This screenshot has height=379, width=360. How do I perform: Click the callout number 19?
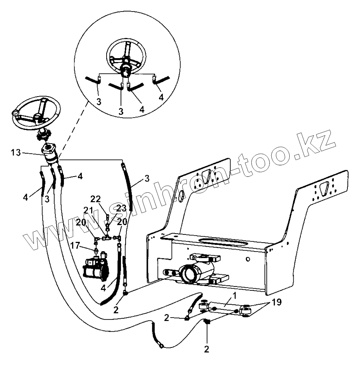276,302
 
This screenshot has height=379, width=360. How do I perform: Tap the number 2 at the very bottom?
206,348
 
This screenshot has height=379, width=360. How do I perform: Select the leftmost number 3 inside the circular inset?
99,102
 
